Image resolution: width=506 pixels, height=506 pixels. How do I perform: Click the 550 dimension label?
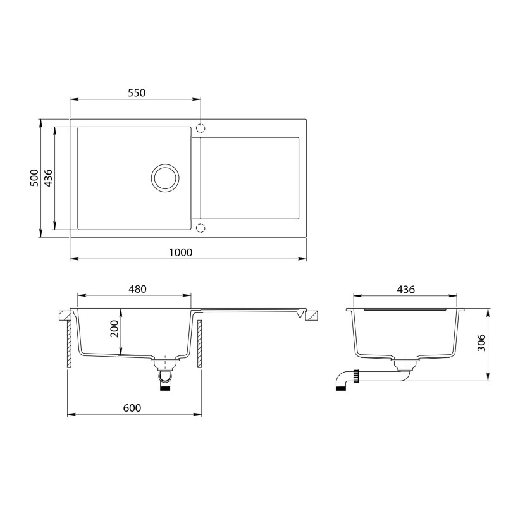(136, 92)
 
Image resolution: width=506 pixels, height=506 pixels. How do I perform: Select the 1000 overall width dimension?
(181, 252)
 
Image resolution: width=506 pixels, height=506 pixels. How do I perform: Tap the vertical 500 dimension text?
(35, 178)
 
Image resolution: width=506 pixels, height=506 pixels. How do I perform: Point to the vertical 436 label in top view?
(48, 178)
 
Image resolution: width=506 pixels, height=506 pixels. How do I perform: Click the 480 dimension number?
(137, 289)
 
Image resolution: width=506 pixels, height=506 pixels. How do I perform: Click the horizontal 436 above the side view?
(405, 289)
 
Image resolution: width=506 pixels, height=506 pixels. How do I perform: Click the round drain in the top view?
(166, 178)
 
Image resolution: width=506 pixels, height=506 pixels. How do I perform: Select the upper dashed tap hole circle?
(201, 128)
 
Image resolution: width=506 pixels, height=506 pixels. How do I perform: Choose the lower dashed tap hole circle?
(201, 228)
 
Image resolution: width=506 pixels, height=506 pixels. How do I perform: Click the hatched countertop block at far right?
(312, 316)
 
